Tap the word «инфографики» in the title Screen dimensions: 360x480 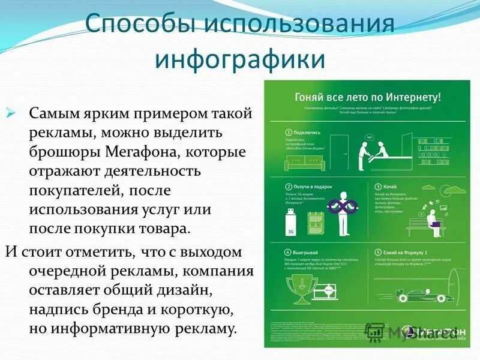click(x=239, y=60)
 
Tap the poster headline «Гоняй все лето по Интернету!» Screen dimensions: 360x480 click(x=368, y=97)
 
